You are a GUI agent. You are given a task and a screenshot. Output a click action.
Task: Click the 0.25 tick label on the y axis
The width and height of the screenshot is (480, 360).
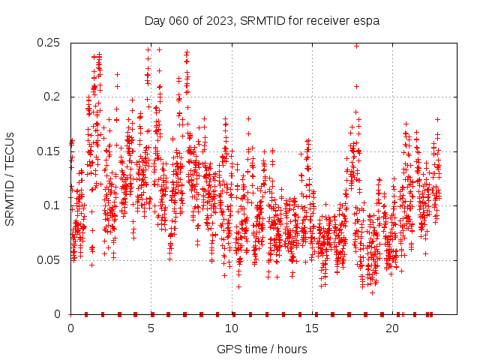tap(49, 43)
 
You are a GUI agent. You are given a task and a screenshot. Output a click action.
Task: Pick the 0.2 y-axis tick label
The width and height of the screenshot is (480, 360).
tap(52, 97)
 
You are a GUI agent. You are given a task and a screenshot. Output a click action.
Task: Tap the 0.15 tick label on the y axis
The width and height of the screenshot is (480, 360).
tap(49, 151)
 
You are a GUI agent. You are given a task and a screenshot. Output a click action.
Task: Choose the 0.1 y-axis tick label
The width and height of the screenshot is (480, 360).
tap(52, 205)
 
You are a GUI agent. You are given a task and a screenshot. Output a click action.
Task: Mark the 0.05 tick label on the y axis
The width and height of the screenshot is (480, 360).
tap(49, 260)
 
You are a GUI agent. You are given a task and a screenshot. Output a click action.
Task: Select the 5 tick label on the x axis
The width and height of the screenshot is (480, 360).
tap(151, 328)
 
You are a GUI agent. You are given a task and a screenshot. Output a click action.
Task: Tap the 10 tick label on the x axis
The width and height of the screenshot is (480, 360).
tap(232, 328)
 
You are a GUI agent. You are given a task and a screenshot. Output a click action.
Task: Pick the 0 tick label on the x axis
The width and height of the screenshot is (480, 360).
tap(71, 328)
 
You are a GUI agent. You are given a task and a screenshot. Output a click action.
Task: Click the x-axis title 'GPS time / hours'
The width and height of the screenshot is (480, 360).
tap(262, 349)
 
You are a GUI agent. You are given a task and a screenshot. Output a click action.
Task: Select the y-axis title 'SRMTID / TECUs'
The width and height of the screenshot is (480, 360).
tap(10, 178)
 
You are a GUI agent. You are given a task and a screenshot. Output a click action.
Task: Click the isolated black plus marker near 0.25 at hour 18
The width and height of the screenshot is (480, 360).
tap(356, 46)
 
